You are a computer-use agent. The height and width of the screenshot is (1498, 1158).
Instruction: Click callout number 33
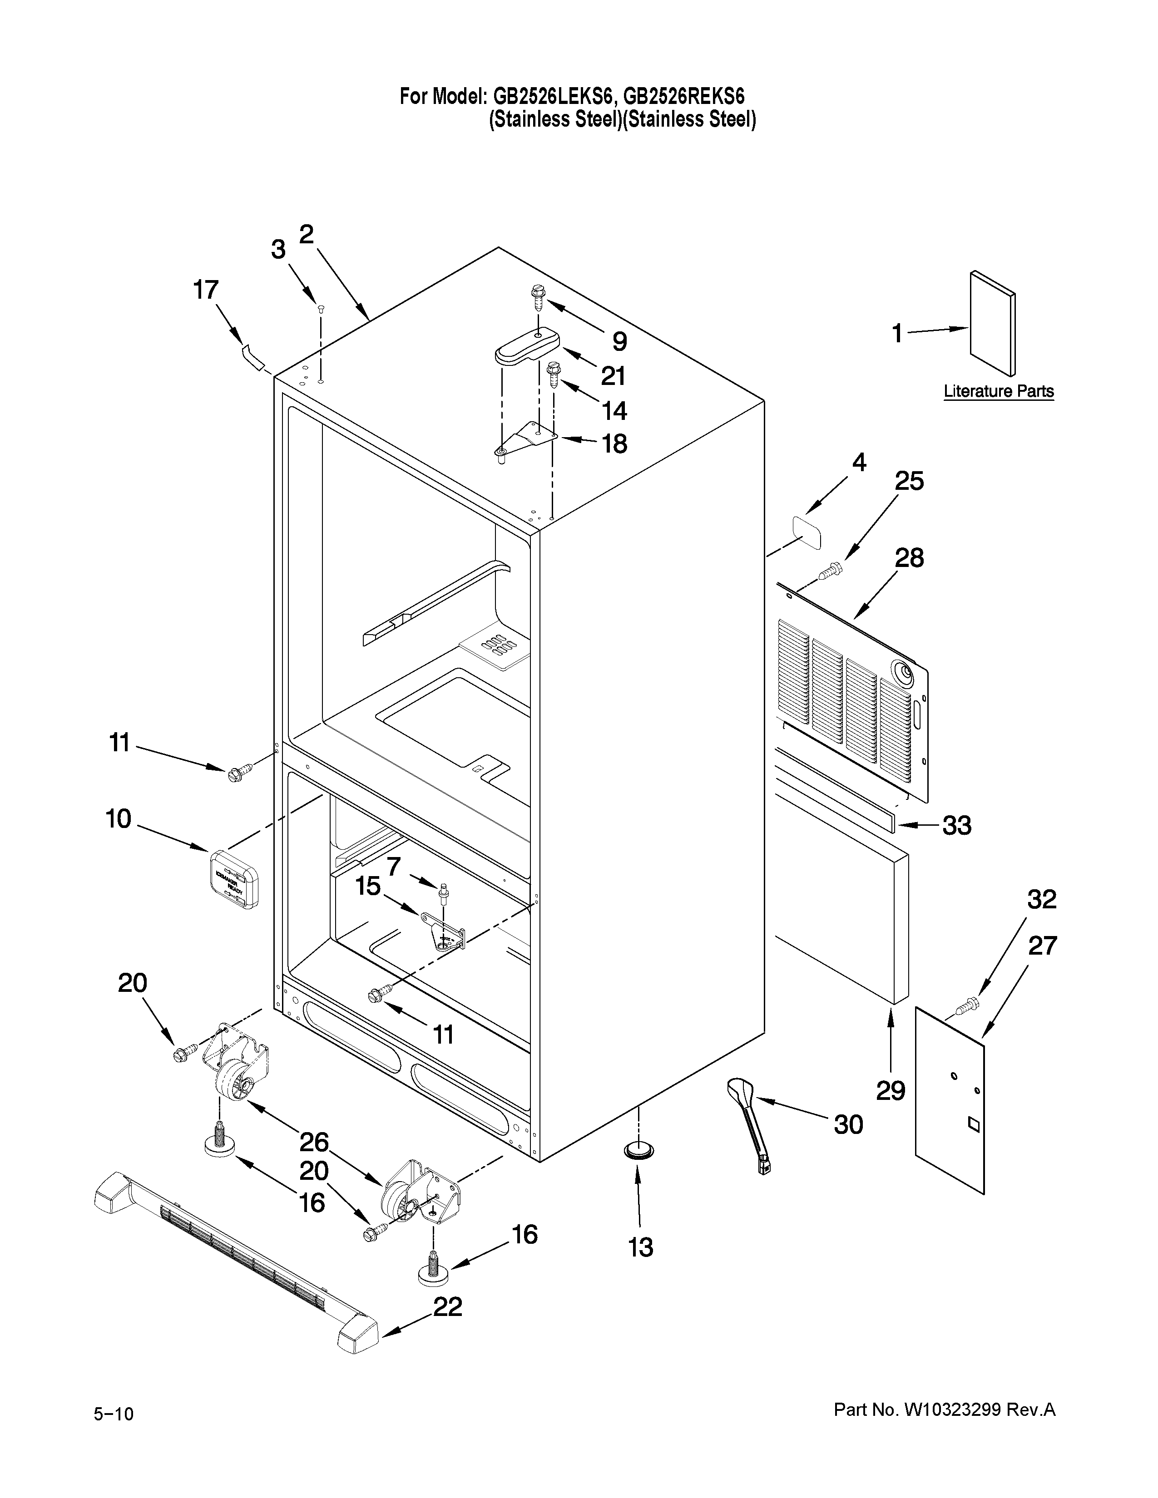click(x=956, y=825)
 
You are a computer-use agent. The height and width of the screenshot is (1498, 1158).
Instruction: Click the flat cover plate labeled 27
click(x=950, y=1104)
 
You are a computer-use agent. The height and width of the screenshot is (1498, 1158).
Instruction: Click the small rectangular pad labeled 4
click(x=807, y=533)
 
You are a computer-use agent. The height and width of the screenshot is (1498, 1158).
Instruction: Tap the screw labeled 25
click(x=831, y=569)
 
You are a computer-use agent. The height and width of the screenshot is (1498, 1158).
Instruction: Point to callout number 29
click(x=891, y=1090)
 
